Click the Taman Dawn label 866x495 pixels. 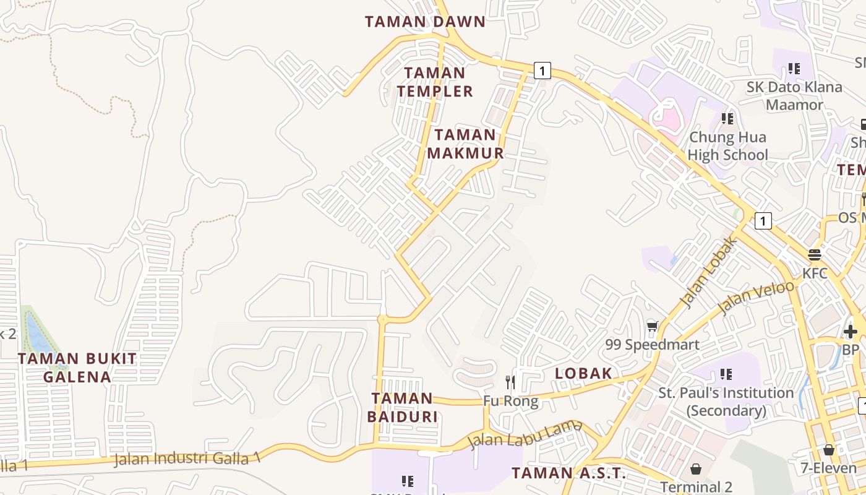[425, 22]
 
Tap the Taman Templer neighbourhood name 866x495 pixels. [434, 82]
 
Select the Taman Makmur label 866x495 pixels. [465, 144]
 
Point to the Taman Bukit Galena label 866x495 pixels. [77, 368]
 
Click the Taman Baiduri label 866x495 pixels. [402, 407]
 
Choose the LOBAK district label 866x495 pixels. [583, 373]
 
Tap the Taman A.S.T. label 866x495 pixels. [568, 474]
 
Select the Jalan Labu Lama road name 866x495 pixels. [525, 435]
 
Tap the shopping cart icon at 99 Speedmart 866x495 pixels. [652, 326]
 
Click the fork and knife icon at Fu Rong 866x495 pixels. [510, 382]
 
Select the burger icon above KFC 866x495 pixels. [814, 255]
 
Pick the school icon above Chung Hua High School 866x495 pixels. [727, 118]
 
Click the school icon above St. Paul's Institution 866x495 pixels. [726, 374]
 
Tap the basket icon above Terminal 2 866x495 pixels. [696, 469]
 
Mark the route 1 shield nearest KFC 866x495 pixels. [763, 220]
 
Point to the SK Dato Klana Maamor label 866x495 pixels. [794, 95]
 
